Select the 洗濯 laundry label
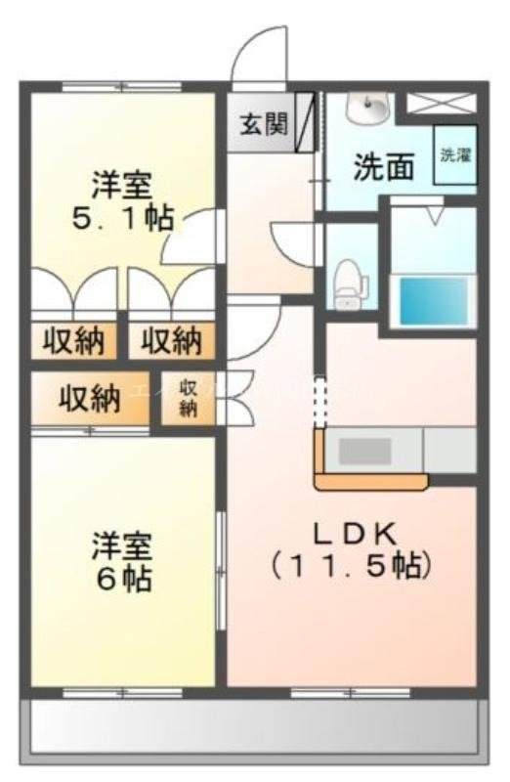tap(454, 154)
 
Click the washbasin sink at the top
tap(371, 108)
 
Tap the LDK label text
tap(353, 534)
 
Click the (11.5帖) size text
tap(352, 565)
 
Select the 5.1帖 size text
tap(122, 217)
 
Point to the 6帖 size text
tap(123, 578)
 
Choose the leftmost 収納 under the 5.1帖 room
tap(73, 341)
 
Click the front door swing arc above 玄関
tap(256, 54)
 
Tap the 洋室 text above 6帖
tap(123, 544)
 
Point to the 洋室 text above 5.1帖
tap(123, 184)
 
